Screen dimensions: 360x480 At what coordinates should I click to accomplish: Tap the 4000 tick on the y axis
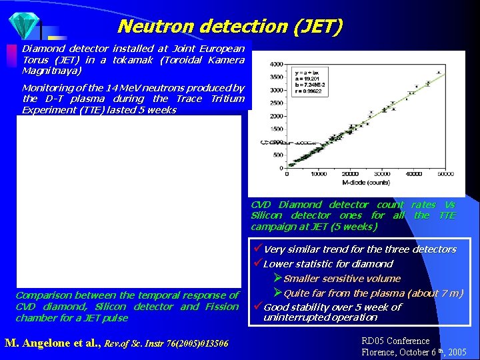(275, 65)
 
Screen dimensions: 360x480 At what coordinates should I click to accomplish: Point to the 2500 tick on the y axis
(275, 103)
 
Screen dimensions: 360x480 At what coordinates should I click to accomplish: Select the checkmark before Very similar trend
(257, 249)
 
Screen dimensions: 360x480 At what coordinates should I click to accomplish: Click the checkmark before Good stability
(257, 307)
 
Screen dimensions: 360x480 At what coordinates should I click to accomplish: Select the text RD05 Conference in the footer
(395, 341)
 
